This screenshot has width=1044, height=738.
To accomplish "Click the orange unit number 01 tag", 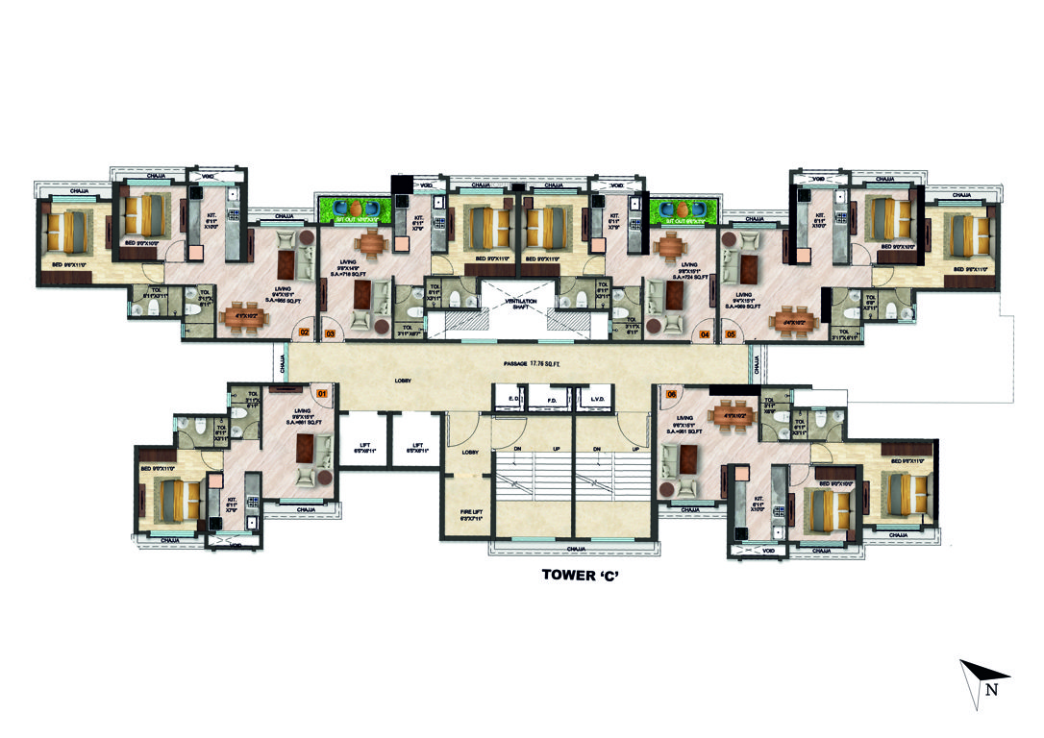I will (322, 392).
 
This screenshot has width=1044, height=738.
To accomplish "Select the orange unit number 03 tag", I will (331, 334).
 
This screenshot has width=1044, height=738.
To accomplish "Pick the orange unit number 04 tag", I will (705, 334).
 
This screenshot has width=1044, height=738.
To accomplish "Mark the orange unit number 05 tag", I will (731, 334).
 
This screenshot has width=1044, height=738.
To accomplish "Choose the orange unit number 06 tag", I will (670, 393).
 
